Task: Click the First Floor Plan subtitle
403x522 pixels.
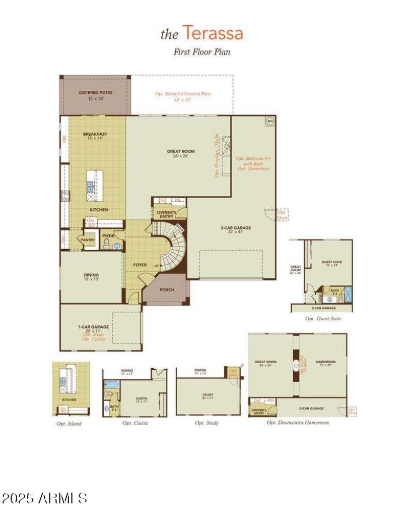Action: [x=201, y=51]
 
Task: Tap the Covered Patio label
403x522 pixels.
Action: [x=95, y=93]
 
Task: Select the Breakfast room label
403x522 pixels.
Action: [x=95, y=134]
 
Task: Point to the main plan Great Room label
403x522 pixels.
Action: [x=181, y=151]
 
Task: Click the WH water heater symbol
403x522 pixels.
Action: [x=270, y=121]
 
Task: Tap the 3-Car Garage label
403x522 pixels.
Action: [x=236, y=227]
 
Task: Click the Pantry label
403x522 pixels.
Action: [x=89, y=240]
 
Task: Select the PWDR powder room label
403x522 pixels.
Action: [x=108, y=236]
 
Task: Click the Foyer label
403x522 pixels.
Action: [x=140, y=264]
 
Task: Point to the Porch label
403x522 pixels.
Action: [x=167, y=290]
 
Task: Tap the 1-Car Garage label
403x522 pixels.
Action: [x=94, y=327]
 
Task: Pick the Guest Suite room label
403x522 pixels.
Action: [x=331, y=262]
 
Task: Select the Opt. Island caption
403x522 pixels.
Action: [x=69, y=424]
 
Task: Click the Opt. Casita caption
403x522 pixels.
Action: [x=135, y=423]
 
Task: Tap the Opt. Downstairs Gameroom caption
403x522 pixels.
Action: [x=298, y=422]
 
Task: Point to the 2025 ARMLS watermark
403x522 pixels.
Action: [x=45, y=498]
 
